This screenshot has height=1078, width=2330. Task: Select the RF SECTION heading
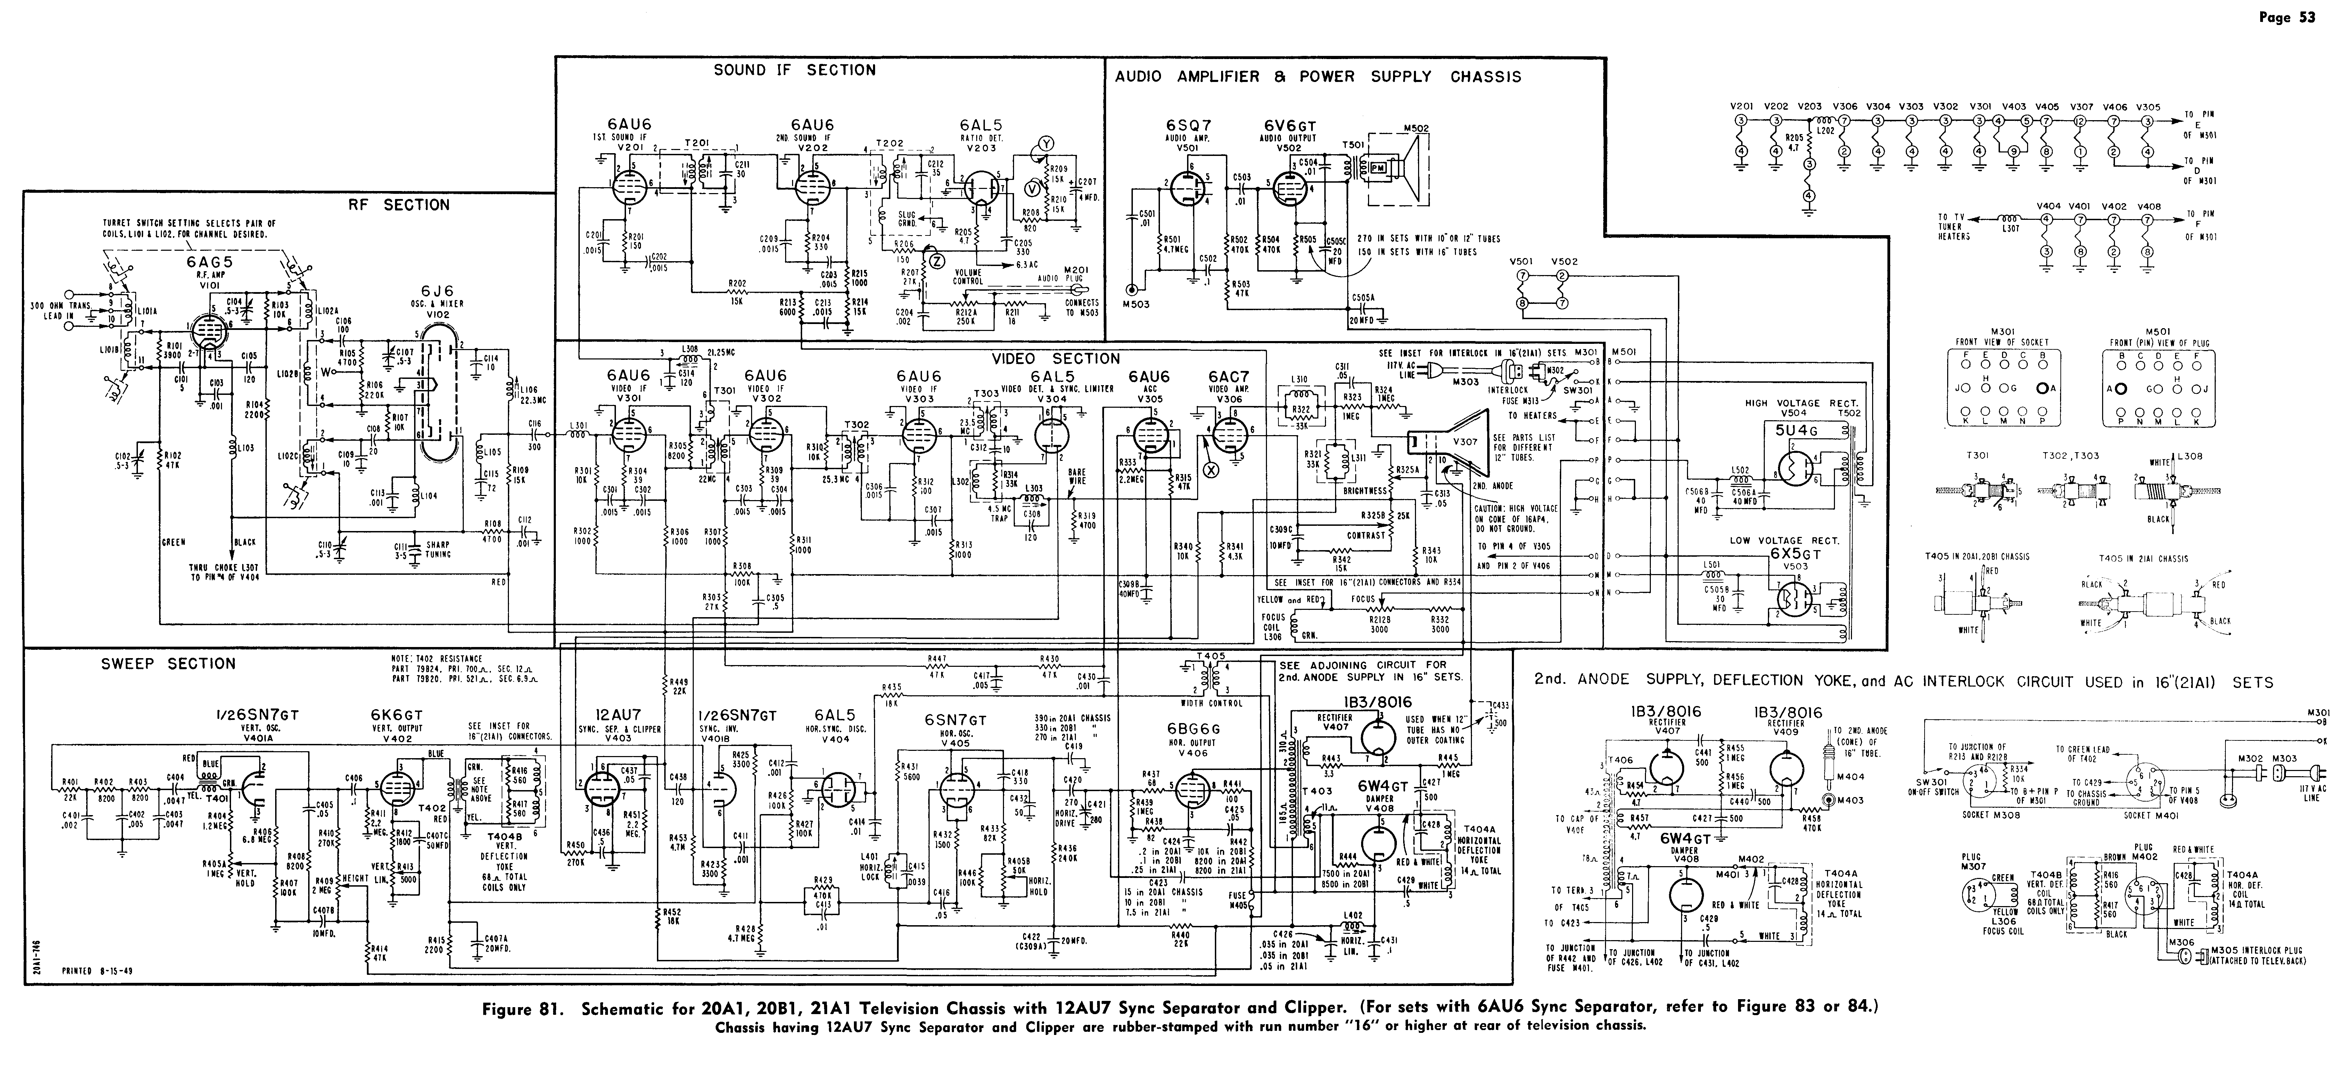point(399,205)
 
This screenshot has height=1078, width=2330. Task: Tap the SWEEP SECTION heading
point(168,664)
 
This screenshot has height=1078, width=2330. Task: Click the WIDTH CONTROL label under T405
point(1211,703)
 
